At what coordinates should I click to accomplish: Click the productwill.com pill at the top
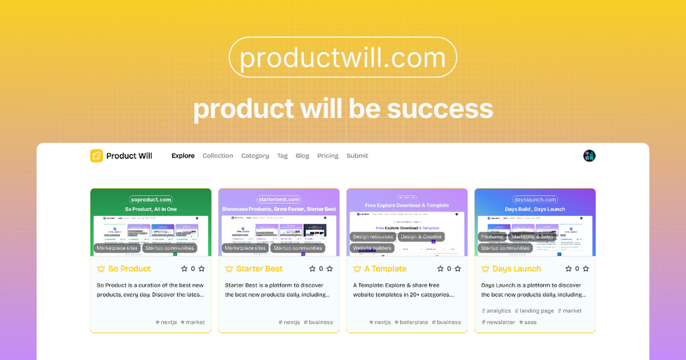(x=342, y=57)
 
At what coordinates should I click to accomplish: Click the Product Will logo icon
(x=96, y=156)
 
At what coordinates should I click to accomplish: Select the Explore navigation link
(x=183, y=156)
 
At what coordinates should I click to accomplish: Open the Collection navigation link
(x=217, y=156)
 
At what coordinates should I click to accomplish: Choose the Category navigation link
(x=255, y=156)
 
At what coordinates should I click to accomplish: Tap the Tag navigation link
(x=282, y=156)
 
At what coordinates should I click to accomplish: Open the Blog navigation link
(x=303, y=156)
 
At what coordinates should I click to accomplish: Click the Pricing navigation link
(x=328, y=156)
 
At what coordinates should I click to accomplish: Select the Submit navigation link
(x=357, y=156)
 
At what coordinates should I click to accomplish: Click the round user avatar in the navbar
(x=589, y=156)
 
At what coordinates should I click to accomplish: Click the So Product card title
(x=130, y=269)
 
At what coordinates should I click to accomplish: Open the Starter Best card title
(x=259, y=269)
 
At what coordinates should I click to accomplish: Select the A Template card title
(x=386, y=269)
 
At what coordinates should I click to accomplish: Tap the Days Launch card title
(x=517, y=269)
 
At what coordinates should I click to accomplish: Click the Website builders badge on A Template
(x=372, y=248)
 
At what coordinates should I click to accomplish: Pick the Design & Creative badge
(x=421, y=237)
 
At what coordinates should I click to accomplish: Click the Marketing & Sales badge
(x=532, y=237)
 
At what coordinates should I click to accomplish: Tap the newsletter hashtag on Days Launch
(x=500, y=322)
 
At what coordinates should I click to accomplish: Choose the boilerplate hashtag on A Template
(x=413, y=322)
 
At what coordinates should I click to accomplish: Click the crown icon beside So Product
(x=101, y=269)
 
